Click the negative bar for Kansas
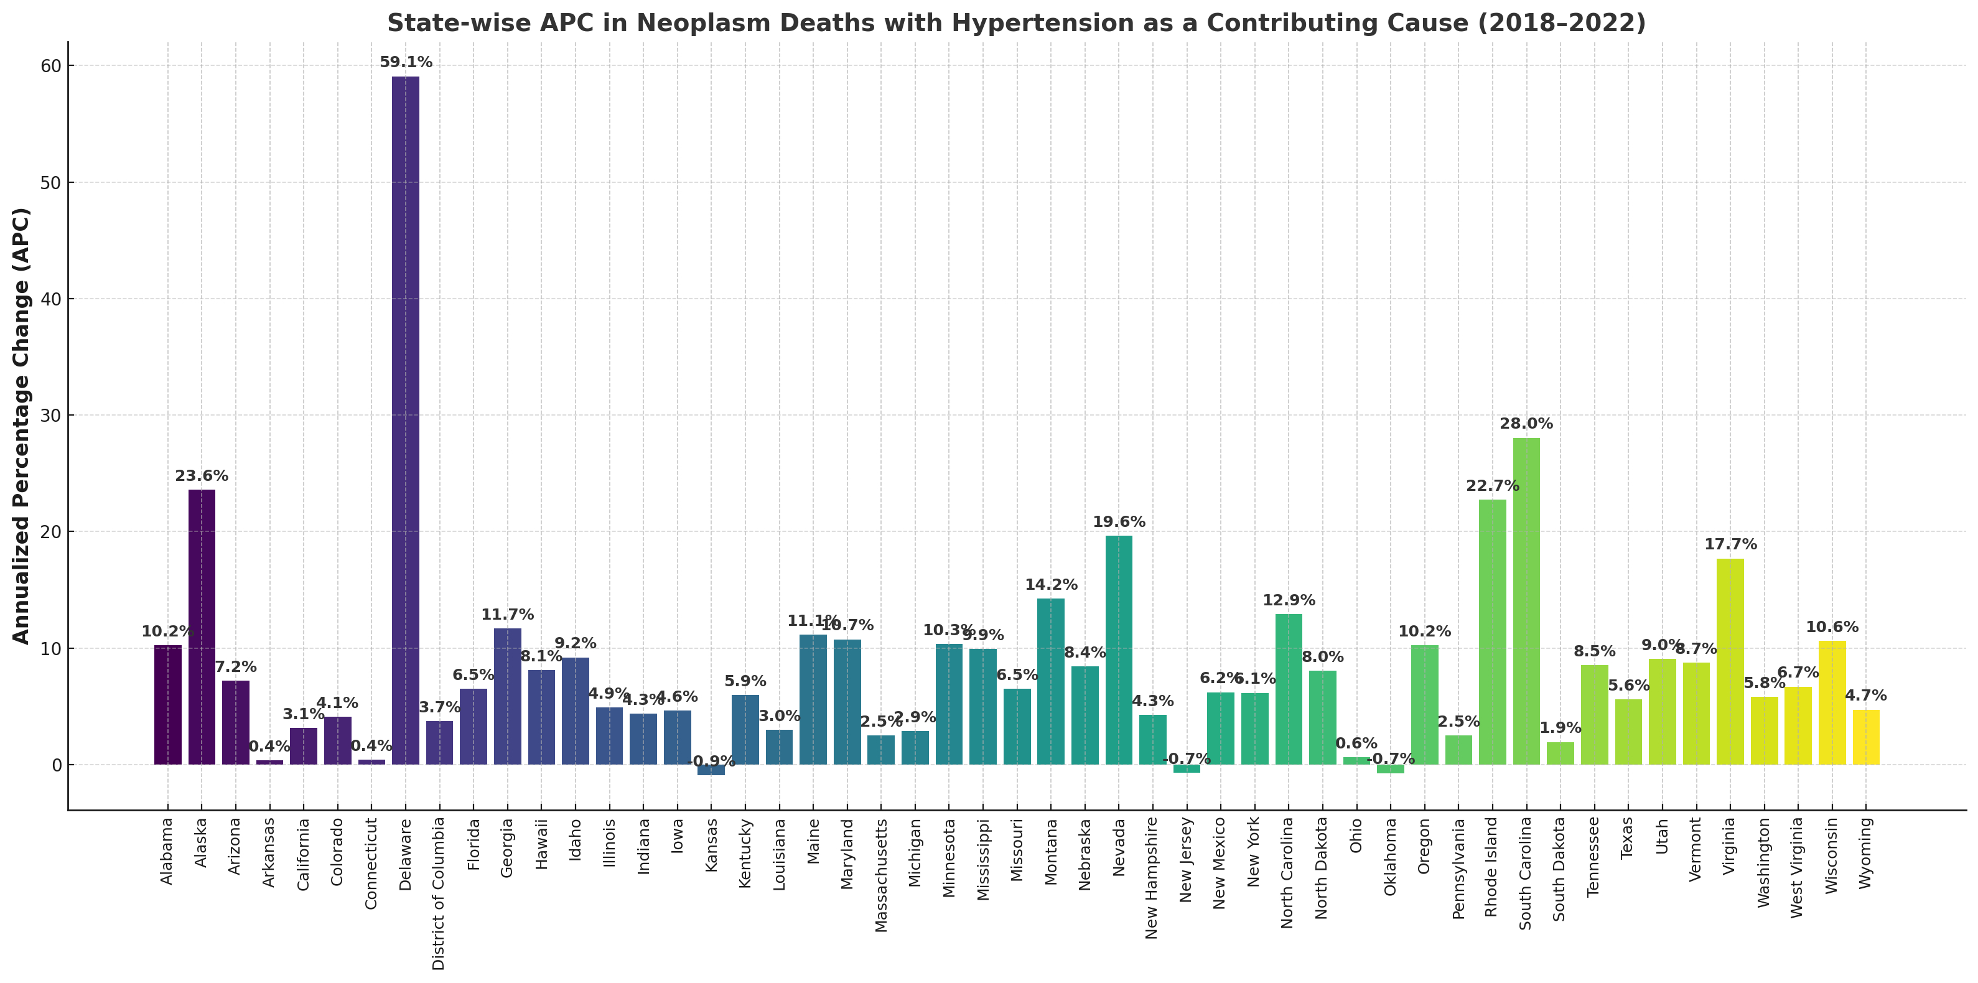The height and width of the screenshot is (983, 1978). click(x=711, y=770)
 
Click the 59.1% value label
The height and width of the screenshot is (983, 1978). click(x=406, y=62)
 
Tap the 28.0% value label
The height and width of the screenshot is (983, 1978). click(x=1526, y=424)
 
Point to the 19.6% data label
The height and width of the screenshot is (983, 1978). click(x=1119, y=522)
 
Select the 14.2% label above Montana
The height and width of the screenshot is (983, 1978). click(x=1051, y=585)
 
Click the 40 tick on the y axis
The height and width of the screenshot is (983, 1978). click(x=50, y=299)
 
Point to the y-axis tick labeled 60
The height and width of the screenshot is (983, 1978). click(x=50, y=66)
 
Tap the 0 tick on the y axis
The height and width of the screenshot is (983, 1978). click(x=56, y=765)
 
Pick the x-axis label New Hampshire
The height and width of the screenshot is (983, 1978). click(x=1152, y=878)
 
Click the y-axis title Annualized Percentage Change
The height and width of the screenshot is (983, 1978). click(x=22, y=426)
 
